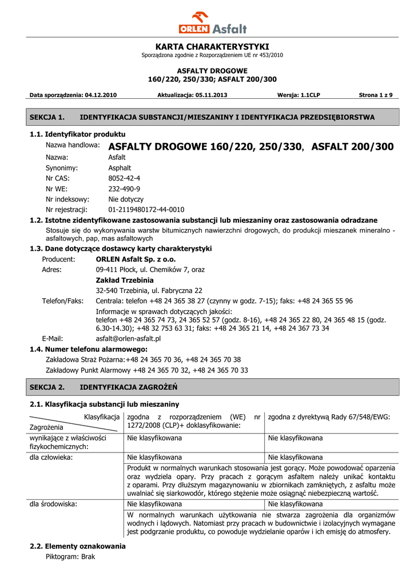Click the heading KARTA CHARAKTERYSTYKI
pyautogui.click(x=212, y=46)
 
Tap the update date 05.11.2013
pyautogui.click(x=209, y=95)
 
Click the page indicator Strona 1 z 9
pyautogui.click(x=375, y=95)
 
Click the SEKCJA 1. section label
pyautogui.click(x=47, y=117)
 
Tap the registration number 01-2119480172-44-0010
pyautogui.click(x=146, y=210)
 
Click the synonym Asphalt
pyautogui.click(x=120, y=168)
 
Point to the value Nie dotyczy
pyautogui.click(x=126, y=199)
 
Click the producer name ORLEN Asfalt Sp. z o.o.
pyautogui.click(x=132, y=259)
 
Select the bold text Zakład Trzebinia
pyautogui.click(x=125, y=280)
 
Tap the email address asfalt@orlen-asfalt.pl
pyautogui.click(x=128, y=338)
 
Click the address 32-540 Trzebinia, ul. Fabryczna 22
pyautogui.click(x=149, y=290)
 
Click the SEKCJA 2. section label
pyautogui.click(x=47, y=387)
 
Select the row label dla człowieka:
pyautogui.click(x=51, y=457)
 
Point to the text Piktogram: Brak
pyautogui.click(x=70, y=556)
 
